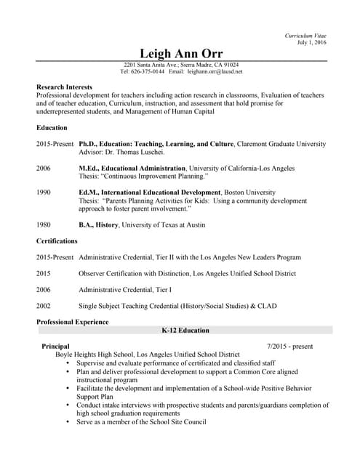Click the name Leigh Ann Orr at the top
point(181,54)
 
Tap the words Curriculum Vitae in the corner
point(305,36)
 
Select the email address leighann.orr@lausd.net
point(215,72)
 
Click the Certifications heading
point(57,240)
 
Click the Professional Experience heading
point(72,322)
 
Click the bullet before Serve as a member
point(68,421)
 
